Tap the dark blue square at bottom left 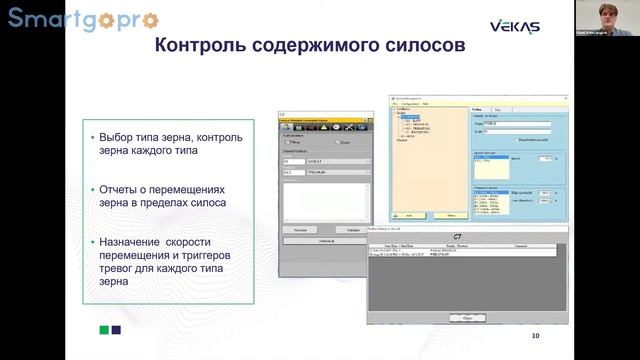117,329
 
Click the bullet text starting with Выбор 170,144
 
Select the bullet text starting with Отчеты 170,196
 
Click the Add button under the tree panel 409,214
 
